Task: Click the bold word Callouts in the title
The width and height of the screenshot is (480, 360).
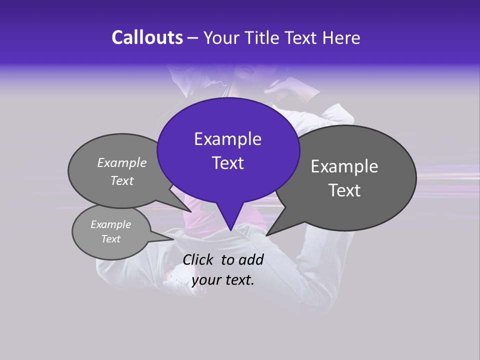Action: pyautogui.click(x=147, y=37)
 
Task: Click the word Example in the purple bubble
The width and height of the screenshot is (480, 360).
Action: pyautogui.click(x=227, y=139)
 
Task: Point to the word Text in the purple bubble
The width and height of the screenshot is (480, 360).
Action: pyautogui.click(x=227, y=163)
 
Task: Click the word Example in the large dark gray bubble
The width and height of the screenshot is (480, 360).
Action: pyautogui.click(x=344, y=166)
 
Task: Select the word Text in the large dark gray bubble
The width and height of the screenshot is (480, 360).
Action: pyautogui.click(x=344, y=190)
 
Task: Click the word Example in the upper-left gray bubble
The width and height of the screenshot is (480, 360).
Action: pyautogui.click(x=122, y=162)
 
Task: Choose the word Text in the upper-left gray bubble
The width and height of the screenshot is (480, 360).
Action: pyautogui.click(x=122, y=180)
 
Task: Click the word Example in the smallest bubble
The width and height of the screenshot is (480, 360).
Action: pyautogui.click(x=110, y=224)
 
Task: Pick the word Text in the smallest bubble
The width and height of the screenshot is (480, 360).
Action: pyautogui.click(x=110, y=239)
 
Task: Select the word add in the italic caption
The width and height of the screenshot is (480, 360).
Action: pyautogui.click(x=251, y=259)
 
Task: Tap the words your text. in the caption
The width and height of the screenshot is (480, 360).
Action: pyautogui.click(x=223, y=280)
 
